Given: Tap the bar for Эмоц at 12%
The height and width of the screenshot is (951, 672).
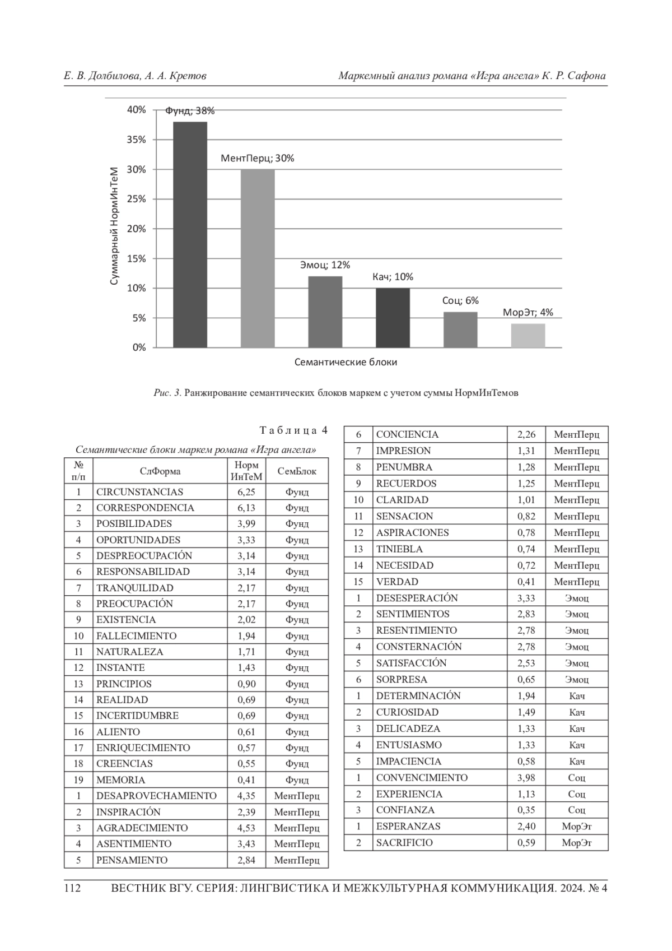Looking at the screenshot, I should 325,312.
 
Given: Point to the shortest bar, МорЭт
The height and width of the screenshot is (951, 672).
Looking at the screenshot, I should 528,336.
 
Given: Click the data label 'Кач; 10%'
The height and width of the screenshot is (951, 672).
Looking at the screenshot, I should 393,277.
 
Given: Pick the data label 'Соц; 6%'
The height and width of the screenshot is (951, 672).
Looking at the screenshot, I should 460,300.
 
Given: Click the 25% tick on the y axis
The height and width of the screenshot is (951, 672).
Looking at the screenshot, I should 136,199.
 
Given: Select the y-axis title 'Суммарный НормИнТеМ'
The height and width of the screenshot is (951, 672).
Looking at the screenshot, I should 115,226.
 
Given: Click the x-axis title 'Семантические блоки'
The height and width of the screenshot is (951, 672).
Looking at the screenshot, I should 346,362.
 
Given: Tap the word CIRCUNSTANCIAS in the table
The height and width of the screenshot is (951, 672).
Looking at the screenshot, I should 139,492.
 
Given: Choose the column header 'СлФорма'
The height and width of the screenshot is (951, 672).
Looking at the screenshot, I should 160,471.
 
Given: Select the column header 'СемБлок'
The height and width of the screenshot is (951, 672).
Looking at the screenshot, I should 297,471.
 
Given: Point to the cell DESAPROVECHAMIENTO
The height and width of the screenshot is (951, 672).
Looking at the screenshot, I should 156,796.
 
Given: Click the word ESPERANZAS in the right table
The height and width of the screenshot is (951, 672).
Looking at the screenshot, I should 408,826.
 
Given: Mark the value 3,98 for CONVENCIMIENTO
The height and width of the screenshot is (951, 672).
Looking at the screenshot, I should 526,777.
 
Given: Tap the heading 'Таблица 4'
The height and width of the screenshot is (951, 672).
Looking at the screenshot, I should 293,430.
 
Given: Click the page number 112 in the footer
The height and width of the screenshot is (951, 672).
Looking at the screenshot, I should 73,888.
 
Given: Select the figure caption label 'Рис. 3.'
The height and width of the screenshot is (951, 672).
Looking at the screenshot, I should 167,393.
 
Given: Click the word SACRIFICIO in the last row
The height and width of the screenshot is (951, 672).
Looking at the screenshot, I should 404,842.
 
